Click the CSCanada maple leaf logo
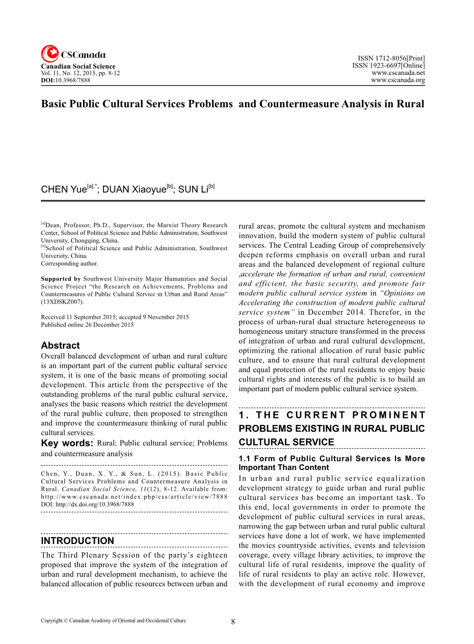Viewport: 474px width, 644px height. [x=50, y=54]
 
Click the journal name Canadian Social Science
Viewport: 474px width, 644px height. [x=78, y=67]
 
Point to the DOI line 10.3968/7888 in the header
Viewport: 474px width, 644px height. [x=66, y=80]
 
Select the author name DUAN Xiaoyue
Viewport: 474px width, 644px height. [x=134, y=190]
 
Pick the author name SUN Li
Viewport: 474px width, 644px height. [x=193, y=190]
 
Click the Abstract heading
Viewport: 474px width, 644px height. [x=60, y=346]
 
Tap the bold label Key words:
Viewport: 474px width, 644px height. [x=67, y=444]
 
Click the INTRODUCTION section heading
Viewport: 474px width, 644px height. [x=77, y=541]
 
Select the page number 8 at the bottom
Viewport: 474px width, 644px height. [x=233, y=622]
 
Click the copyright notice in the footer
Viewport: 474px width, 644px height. [x=113, y=621]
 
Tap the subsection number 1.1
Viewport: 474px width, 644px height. [x=245, y=459]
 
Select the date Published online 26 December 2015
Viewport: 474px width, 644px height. [x=87, y=325]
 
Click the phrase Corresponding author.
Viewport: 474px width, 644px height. [x=69, y=264]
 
